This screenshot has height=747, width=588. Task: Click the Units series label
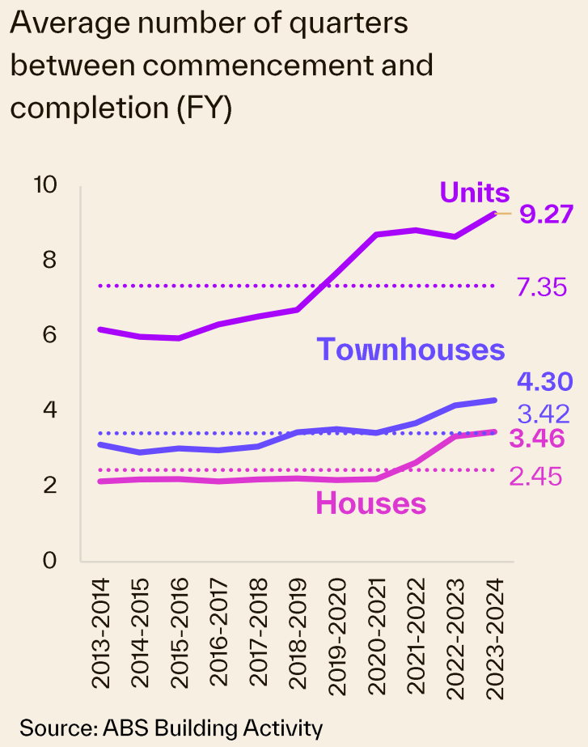point(475,193)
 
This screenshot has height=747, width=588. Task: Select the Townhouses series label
point(410,350)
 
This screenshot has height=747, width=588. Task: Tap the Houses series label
point(370,503)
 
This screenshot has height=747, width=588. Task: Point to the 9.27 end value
point(547,214)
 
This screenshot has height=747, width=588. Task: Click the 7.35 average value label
point(541,286)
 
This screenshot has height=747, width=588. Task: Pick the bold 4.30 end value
point(544,381)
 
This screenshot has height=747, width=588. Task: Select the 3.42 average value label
point(544,414)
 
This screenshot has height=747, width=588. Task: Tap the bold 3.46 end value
point(536,441)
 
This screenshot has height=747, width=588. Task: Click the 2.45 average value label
point(535,477)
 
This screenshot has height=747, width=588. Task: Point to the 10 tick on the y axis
point(44,185)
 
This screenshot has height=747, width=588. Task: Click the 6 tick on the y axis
point(49,335)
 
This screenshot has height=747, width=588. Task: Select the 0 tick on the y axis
point(49,560)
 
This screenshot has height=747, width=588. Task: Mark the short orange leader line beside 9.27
point(504,214)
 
